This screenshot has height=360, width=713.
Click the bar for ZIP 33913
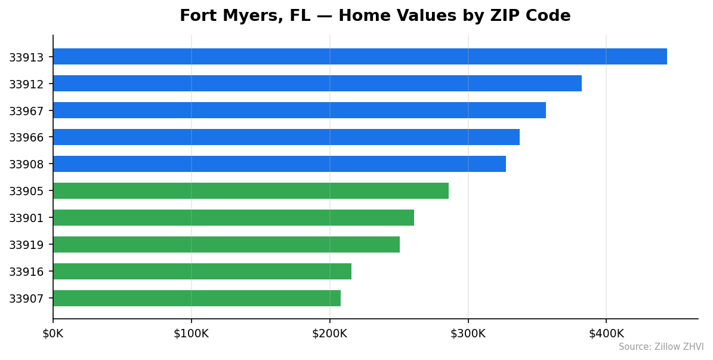tap(360, 57)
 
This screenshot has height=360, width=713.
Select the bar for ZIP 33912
tap(317, 84)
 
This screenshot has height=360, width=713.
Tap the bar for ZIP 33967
tap(299, 110)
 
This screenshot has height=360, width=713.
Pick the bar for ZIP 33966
tap(286, 137)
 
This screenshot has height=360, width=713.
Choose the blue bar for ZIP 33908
tap(279, 164)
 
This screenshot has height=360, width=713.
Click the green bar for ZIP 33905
tap(251, 191)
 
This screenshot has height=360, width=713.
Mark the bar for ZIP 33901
tap(233, 218)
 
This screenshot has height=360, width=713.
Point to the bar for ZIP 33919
tap(226, 245)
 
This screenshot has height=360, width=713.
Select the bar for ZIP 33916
tap(202, 272)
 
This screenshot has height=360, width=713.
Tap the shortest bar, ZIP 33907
tap(196, 299)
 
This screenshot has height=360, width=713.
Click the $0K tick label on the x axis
tap(53, 333)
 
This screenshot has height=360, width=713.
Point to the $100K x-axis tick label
tap(191, 333)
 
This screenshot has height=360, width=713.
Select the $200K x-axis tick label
tap(329, 333)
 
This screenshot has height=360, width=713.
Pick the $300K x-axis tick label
tap(468, 333)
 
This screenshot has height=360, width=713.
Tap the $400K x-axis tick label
tap(606, 333)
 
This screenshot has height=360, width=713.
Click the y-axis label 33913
tap(26, 57)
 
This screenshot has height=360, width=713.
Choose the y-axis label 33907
tap(26, 299)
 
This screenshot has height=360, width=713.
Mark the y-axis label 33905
tap(26, 192)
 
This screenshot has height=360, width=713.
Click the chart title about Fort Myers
tap(375, 16)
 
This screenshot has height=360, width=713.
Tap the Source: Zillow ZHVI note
tap(660, 347)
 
